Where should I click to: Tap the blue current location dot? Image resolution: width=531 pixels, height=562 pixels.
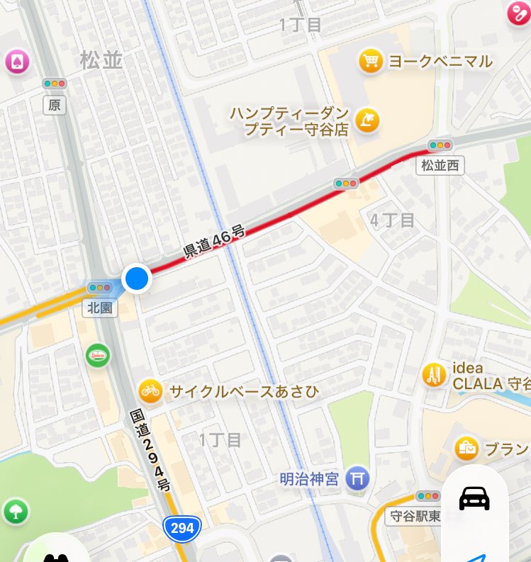[137, 279]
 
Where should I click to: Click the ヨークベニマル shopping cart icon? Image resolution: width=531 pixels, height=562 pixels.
[370, 61]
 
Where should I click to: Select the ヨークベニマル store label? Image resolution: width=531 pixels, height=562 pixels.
[440, 62]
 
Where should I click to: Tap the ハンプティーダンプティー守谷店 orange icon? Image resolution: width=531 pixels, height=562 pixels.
[367, 120]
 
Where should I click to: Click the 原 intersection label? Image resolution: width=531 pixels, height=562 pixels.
[55, 105]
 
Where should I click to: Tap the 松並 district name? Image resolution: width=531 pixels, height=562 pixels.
[101, 61]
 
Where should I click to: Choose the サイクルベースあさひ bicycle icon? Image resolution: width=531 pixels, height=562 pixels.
[150, 390]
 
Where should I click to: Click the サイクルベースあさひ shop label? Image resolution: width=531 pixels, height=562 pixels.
[244, 391]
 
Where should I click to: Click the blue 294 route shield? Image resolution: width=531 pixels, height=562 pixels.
[181, 528]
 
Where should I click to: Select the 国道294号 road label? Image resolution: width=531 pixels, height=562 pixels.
[150, 450]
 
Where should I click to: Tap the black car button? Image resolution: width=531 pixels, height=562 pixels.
[474, 498]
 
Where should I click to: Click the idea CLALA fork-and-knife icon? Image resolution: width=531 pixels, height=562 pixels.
[434, 375]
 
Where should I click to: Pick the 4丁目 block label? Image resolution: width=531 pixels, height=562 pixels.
[392, 220]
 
